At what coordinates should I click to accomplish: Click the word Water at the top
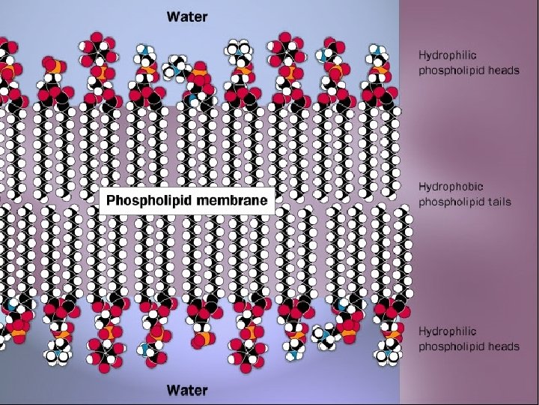pos(187,15)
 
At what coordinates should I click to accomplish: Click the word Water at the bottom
pos(187,390)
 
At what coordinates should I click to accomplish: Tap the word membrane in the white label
pos(241,201)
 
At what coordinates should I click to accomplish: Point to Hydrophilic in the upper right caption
pos(448,55)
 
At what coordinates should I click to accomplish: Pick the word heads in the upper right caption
pos(502,70)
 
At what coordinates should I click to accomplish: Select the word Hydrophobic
pos(451,185)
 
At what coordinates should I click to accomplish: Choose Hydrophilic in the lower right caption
pos(448,331)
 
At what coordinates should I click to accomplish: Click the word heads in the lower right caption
pos(502,346)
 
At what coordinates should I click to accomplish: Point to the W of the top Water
pos(171,15)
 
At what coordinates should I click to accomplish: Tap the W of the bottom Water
pos(171,390)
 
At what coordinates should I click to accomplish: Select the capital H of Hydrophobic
pos(422,185)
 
